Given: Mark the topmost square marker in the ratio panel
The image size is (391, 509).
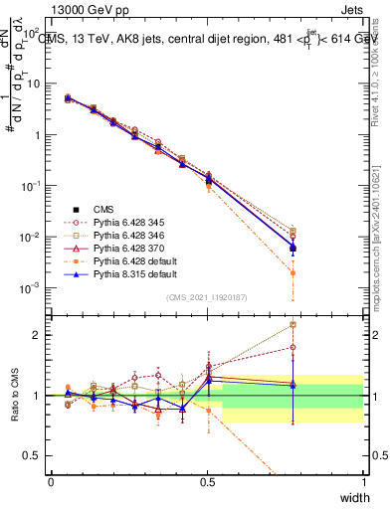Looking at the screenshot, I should pyautogui.click(x=293, y=324).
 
